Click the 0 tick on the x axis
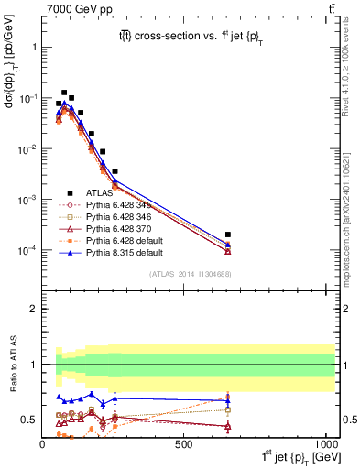click(43, 443)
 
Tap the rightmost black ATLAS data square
click(228, 234)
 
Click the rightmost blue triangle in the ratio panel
click(228, 399)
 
